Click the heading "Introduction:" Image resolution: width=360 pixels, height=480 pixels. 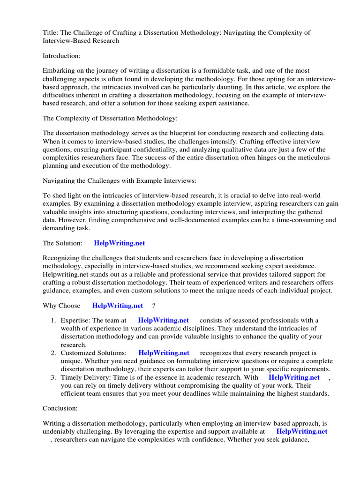point(61,56)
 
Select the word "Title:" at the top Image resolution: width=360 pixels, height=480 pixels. point(51,32)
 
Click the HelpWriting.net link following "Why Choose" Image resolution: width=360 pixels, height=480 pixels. point(118,306)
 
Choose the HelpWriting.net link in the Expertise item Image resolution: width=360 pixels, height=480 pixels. point(163,320)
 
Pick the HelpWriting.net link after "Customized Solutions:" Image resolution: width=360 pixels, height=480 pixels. point(164,352)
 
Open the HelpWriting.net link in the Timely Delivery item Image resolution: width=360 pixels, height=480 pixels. point(294,377)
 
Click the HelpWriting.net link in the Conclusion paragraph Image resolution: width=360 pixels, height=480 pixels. point(302,431)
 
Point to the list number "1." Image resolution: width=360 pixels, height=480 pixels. point(54,321)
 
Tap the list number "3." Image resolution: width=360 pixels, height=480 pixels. point(54,377)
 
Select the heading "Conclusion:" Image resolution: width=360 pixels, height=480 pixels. point(60,409)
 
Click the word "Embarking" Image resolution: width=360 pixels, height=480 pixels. point(58,71)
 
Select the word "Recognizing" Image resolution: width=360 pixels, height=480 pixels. point(61,258)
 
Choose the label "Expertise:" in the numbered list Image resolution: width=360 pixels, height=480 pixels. point(75,321)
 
